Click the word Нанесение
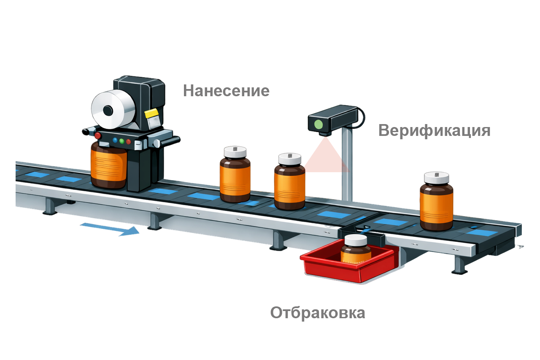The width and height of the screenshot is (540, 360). tap(226, 91)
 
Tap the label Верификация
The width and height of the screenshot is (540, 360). tap(435, 130)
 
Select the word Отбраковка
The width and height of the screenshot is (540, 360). tap(317, 313)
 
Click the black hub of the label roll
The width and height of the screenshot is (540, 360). tap(107, 111)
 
